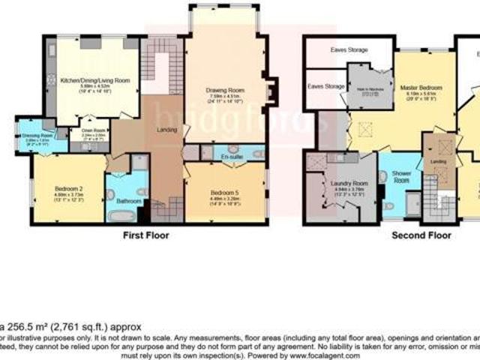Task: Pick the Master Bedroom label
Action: click(x=419, y=88)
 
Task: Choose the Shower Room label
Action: click(x=401, y=176)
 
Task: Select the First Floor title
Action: click(x=145, y=235)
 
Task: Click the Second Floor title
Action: click(x=422, y=235)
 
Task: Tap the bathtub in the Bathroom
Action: click(x=119, y=215)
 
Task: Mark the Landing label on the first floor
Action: click(x=166, y=133)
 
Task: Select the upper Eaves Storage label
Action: click(x=349, y=50)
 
